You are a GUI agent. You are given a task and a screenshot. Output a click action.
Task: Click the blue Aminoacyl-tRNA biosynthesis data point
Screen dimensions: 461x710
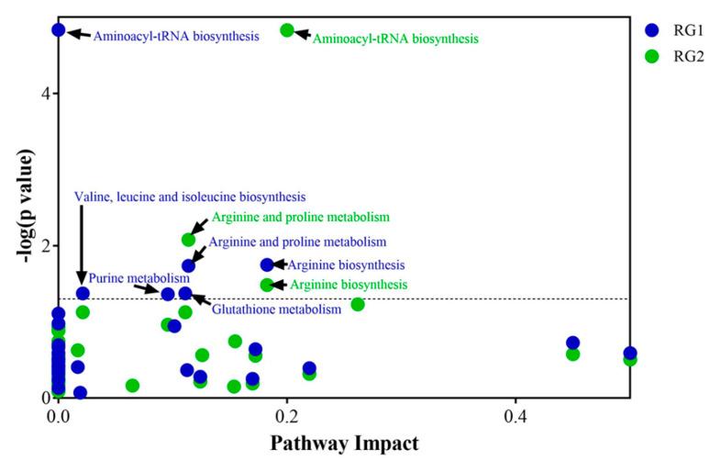tap(59, 30)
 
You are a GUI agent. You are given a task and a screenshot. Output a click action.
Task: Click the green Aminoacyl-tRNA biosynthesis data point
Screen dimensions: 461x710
tap(287, 30)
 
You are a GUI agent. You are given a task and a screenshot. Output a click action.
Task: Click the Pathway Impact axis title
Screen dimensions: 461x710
tap(344, 444)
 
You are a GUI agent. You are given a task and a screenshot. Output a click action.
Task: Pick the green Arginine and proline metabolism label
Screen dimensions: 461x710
tap(301, 218)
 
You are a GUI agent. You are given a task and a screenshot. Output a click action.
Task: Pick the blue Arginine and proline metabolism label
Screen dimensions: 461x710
tap(297, 242)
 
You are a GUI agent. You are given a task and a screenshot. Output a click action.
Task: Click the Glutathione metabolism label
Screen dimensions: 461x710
tap(276, 309)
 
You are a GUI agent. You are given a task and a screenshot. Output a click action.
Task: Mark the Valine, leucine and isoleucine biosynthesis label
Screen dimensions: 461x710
tap(190, 197)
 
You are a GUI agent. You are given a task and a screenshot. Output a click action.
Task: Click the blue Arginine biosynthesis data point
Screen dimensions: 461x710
tap(267, 264)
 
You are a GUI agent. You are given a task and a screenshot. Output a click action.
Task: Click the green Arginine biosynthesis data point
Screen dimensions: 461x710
tap(267, 285)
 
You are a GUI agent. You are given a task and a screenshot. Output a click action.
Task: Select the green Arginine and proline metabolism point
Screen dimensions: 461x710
tap(189, 240)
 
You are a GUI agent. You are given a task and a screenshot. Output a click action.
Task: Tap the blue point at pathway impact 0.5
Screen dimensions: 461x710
tap(630, 353)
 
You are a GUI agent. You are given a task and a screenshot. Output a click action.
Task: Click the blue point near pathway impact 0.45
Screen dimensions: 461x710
tap(573, 343)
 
